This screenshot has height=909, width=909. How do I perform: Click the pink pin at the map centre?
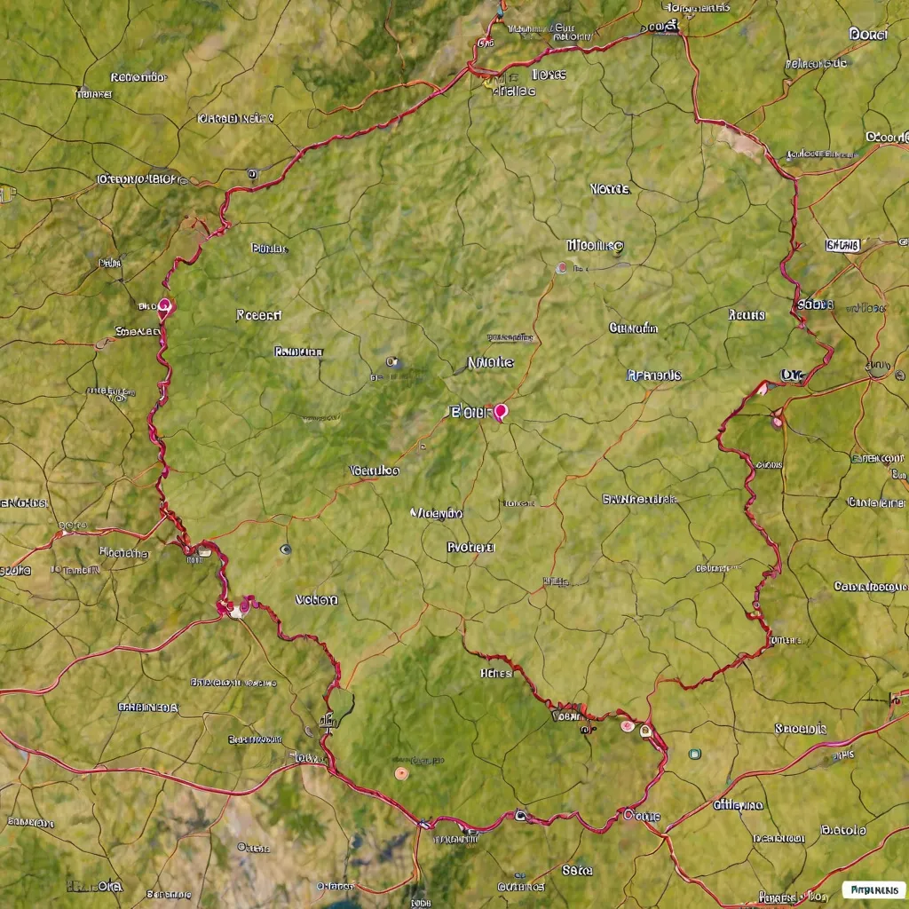[x=501, y=411]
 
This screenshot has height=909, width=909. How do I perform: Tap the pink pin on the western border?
[x=163, y=307]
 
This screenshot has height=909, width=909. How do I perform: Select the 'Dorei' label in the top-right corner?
[x=867, y=34]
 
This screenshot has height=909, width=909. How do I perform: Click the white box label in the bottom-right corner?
[x=873, y=889]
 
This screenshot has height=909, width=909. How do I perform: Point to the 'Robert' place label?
[x=259, y=315]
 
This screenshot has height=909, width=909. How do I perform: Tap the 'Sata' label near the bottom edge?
[x=577, y=871]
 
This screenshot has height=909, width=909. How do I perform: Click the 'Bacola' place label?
[x=843, y=831]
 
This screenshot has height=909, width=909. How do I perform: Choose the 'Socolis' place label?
[x=801, y=729]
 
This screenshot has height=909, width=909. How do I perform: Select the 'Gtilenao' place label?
[x=738, y=805]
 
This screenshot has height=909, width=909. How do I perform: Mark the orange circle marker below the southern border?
[x=401, y=773]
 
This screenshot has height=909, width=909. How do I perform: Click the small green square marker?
[x=694, y=754]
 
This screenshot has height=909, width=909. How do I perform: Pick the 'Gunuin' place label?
[x=634, y=328]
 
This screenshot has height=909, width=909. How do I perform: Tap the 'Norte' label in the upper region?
[x=610, y=189]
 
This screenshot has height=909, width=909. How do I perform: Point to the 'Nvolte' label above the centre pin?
[x=490, y=362]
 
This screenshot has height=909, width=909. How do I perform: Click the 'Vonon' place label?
[x=316, y=600]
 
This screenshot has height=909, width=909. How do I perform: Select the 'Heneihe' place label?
[x=124, y=552]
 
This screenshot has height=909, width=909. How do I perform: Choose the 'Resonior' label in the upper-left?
[x=138, y=77]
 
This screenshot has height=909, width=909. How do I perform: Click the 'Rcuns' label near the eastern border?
[x=747, y=314]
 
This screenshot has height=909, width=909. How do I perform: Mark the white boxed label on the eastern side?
[x=842, y=245]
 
